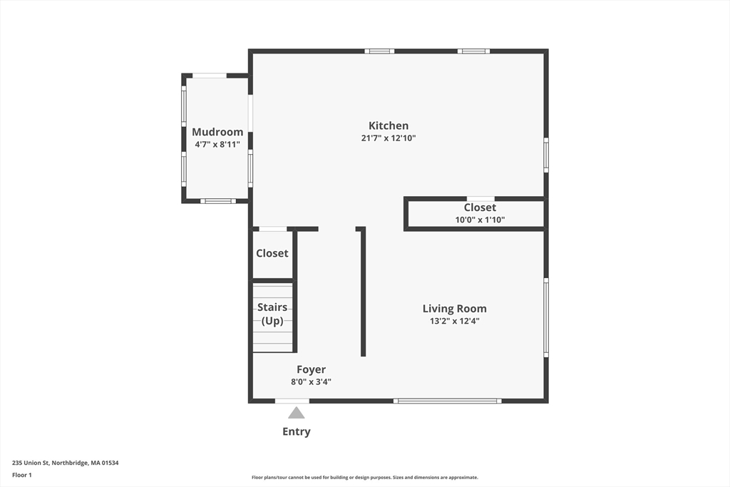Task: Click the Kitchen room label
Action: pos(389,125)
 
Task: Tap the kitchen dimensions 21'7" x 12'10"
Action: pos(389,138)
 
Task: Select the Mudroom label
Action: pos(217,132)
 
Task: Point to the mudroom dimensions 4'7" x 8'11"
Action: pos(217,145)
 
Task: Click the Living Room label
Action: pos(454,309)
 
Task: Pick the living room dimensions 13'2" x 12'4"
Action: pos(454,321)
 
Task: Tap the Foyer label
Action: pos(311,369)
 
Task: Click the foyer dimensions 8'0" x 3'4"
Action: pos(311,382)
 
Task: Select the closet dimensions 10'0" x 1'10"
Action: pos(480,220)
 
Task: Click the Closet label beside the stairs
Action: pos(272,253)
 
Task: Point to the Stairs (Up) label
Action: pos(272,314)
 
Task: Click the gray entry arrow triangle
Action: pos(296,413)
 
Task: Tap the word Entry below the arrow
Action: pos(296,431)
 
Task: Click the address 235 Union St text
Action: pos(65,463)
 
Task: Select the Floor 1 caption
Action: pos(22,476)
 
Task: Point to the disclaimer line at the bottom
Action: pos(365,477)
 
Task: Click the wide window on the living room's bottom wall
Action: pos(448,401)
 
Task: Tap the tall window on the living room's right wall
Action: pos(546,317)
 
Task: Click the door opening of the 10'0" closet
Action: pos(480,199)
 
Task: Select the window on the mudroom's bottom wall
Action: pos(218,201)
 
